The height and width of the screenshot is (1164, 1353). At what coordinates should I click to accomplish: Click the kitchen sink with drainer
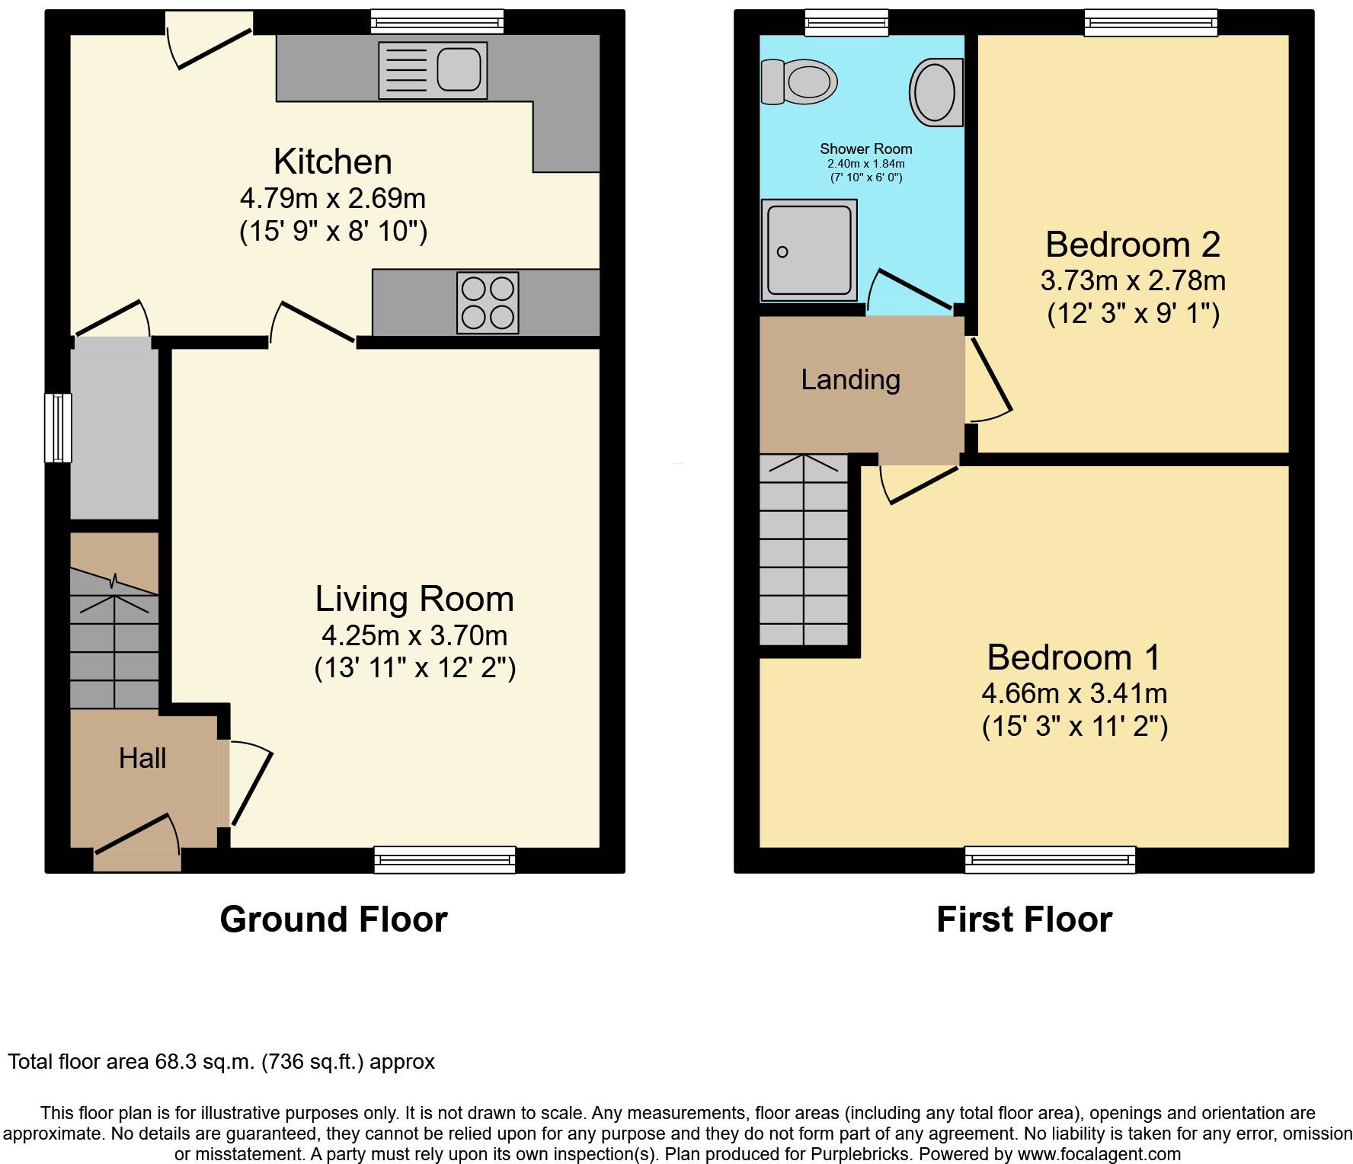click(x=433, y=70)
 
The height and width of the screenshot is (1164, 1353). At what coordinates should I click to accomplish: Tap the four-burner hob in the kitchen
click(x=488, y=302)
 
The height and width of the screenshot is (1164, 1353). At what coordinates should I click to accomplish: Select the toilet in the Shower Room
click(x=798, y=82)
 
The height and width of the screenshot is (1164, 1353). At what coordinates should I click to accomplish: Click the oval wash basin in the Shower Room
click(x=936, y=92)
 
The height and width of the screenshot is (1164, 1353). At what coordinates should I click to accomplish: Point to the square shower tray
click(x=808, y=251)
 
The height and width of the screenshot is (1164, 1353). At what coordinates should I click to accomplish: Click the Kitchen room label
click(x=333, y=161)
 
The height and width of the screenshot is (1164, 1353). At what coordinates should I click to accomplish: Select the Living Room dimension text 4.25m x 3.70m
click(x=414, y=635)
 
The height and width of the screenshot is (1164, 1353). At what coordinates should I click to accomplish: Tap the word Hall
click(x=142, y=758)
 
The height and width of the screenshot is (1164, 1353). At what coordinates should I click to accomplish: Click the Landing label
click(x=850, y=379)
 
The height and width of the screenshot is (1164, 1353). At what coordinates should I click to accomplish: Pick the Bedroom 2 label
click(x=1132, y=245)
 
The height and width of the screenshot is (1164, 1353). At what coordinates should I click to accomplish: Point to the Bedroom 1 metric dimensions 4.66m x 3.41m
click(x=1074, y=693)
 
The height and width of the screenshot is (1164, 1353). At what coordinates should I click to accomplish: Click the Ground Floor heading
click(x=334, y=919)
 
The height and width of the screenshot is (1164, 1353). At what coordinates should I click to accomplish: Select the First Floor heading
click(x=1024, y=919)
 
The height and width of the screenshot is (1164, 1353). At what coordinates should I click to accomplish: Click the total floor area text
click(x=221, y=1061)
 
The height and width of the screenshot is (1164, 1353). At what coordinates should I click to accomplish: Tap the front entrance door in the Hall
click(x=137, y=842)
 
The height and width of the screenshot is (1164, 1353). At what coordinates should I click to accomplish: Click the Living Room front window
click(x=445, y=859)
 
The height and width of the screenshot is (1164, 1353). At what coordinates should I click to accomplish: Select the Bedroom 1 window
click(x=1050, y=859)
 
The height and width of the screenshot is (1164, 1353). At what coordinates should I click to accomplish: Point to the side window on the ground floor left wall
click(x=58, y=427)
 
